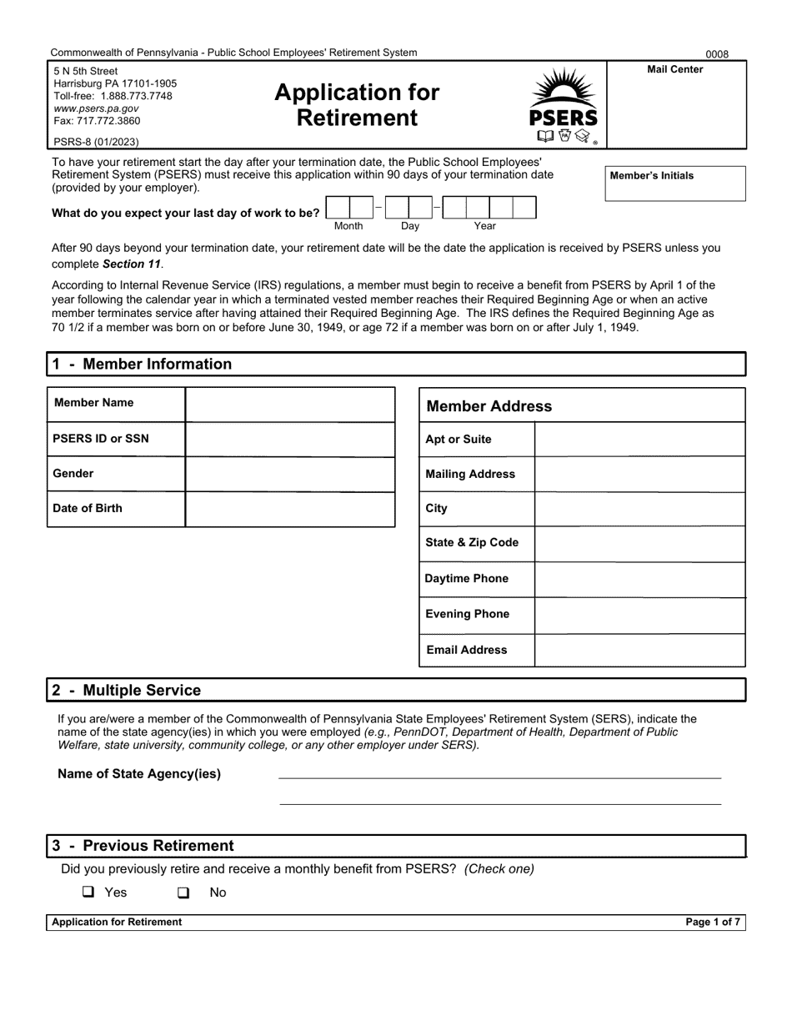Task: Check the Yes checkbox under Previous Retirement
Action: coord(88,892)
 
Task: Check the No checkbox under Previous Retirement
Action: coord(183,893)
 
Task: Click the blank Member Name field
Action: coord(289,404)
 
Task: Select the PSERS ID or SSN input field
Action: coord(289,439)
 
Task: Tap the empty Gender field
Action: coord(289,474)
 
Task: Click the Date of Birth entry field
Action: coord(289,509)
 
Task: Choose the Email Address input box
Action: coord(639,650)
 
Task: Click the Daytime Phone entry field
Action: coord(639,579)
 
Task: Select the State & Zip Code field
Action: coord(639,543)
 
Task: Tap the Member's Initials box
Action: coord(674,189)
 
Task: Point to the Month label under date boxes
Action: coord(348,226)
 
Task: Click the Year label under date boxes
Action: coord(485,226)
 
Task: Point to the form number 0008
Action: coord(717,54)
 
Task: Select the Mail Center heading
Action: coord(674,69)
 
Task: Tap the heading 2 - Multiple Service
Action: coord(126,690)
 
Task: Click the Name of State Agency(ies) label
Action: coord(139,773)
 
